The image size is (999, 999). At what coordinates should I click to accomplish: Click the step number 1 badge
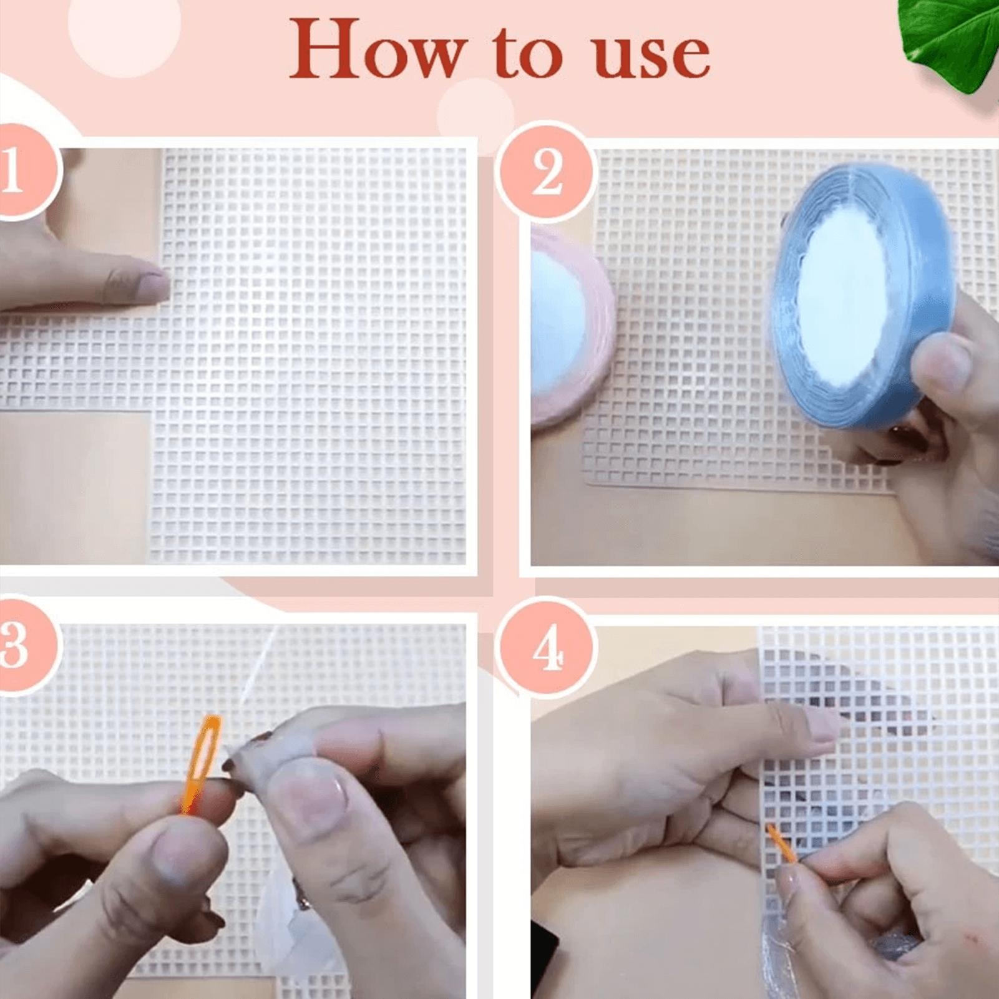click(25, 170)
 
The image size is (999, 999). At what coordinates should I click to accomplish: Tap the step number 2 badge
click(547, 172)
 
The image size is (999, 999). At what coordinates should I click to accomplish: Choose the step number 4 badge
click(547, 647)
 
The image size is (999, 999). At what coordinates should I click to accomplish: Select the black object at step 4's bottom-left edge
click(544, 955)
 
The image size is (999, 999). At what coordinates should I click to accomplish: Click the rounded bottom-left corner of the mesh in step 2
click(589, 478)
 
